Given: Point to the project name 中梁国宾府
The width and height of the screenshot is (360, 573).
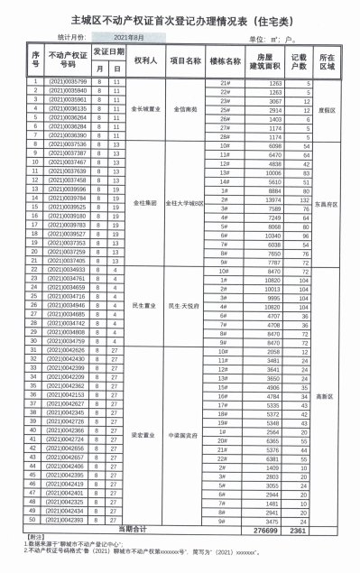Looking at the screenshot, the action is point(184,434).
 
